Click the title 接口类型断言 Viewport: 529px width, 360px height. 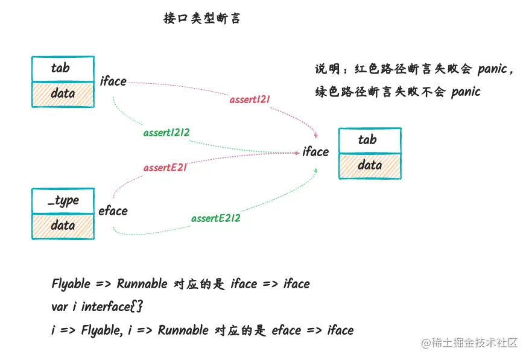(202, 18)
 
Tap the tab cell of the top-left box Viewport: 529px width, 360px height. (63, 69)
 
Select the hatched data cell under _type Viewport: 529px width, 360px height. (63, 226)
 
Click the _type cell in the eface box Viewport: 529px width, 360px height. (63, 200)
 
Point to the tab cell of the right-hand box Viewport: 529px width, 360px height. (369, 141)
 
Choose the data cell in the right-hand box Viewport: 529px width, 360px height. (369, 165)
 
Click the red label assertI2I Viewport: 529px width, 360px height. (250, 99)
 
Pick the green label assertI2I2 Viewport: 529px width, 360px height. (171, 133)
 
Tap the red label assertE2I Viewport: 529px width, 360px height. (165, 168)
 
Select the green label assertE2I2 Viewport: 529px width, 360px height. (216, 218)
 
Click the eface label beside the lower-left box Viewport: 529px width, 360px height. (113, 210)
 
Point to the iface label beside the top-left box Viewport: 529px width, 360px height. (113, 81)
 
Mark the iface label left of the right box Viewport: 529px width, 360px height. (315, 152)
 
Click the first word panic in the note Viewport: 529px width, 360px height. (492, 69)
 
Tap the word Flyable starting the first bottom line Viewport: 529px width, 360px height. (71, 283)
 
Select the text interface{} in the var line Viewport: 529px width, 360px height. (112, 306)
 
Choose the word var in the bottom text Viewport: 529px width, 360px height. (60, 306)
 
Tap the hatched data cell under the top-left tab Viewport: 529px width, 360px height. (63, 93)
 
